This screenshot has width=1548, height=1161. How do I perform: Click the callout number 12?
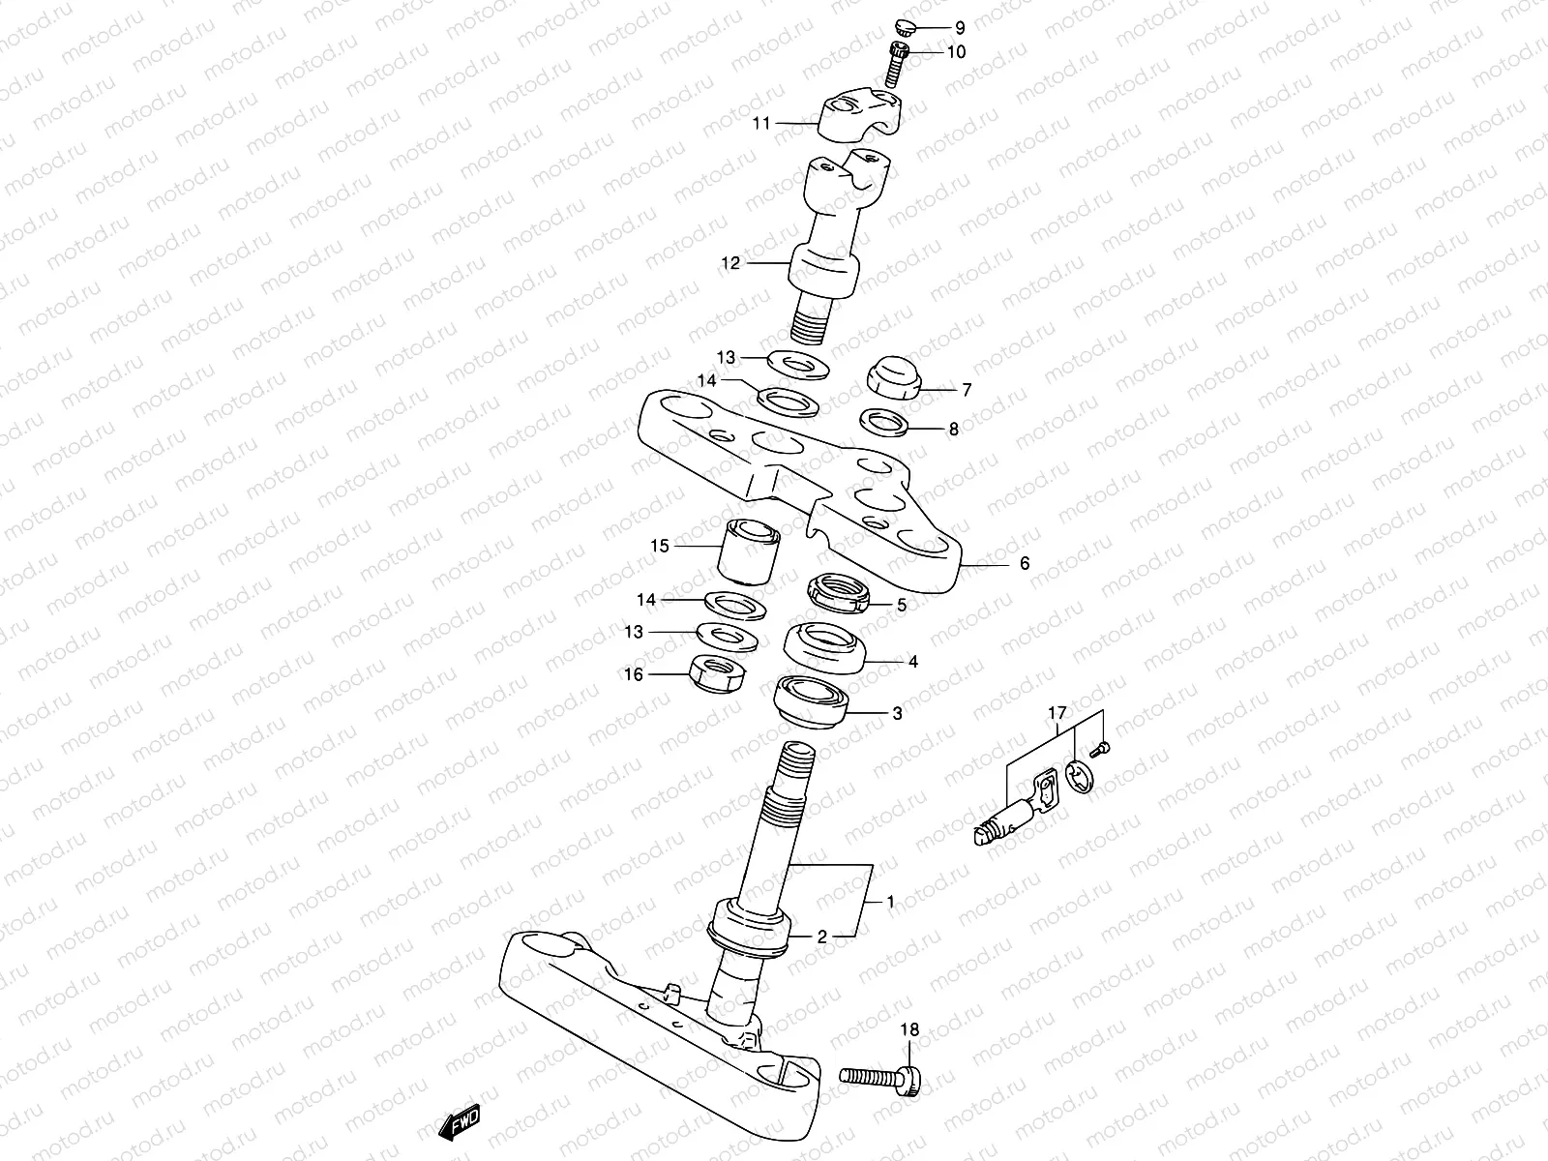[730, 263]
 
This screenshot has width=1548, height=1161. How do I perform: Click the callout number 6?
[1025, 563]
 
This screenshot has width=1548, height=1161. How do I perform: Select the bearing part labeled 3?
[811, 702]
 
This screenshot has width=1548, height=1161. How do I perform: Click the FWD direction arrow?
[461, 1122]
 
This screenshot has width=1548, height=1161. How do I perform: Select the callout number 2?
[821, 937]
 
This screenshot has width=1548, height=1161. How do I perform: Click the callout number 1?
[890, 902]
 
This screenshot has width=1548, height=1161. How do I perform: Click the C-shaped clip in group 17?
[1081, 778]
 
